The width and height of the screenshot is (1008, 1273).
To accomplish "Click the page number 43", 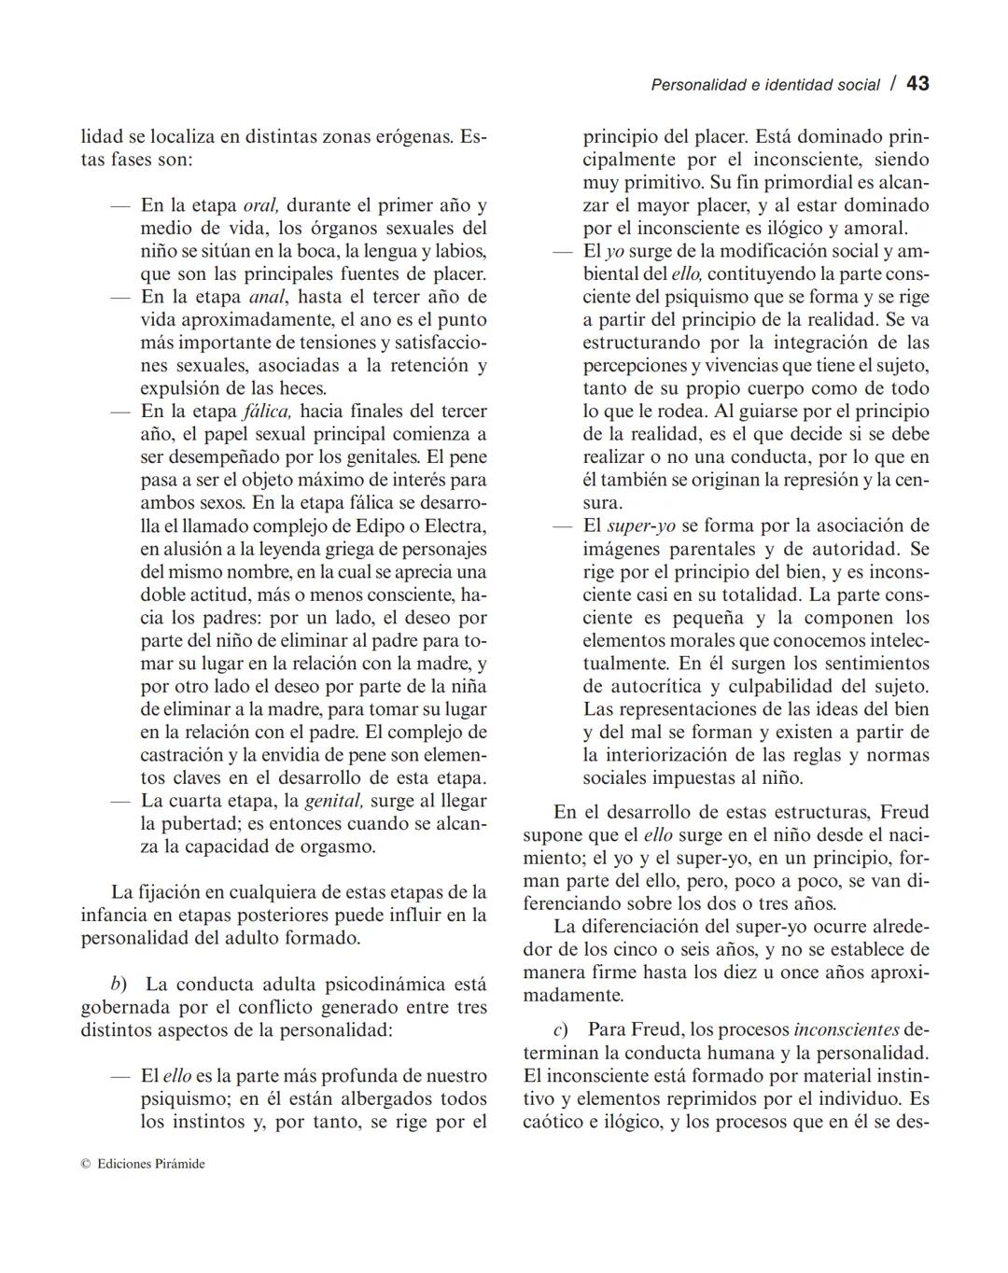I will [x=917, y=83].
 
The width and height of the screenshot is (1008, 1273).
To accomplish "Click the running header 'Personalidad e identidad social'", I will [x=764, y=85].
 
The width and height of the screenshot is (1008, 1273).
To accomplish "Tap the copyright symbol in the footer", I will [x=85, y=1164].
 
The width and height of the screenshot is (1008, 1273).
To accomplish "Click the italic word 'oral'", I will [x=260, y=205].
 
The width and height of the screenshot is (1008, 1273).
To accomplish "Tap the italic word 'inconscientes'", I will [x=847, y=1030].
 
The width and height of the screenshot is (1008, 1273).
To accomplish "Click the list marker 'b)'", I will [x=119, y=985].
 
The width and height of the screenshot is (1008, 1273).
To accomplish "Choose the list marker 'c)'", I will [x=561, y=1030].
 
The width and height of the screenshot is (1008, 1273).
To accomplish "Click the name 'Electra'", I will [x=455, y=525].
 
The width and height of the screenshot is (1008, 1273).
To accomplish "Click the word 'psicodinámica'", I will [x=385, y=985].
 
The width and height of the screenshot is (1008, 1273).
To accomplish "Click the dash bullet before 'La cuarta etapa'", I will [x=119, y=801].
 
